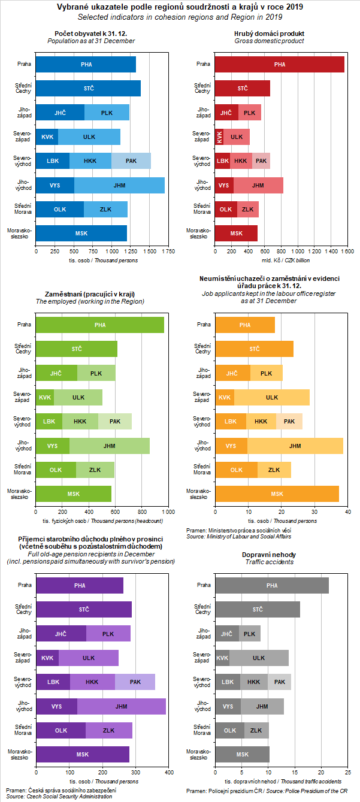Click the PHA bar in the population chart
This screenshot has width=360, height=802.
(x=86, y=64)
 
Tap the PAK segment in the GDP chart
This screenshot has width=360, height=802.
(x=261, y=161)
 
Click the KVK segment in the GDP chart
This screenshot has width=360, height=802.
(x=220, y=137)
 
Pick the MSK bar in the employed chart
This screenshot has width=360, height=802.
(x=73, y=494)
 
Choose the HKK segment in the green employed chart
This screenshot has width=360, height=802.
(x=80, y=422)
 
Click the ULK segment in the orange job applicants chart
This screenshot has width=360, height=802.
(x=272, y=397)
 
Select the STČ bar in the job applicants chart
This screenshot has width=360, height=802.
(x=254, y=349)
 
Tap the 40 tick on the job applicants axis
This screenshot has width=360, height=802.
(x=348, y=512)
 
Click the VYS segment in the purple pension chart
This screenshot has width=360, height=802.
(x=56, y=706)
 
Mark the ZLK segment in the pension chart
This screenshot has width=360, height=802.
(x=109, y=730)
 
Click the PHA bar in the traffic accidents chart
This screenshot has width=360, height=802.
(x=272, y=585)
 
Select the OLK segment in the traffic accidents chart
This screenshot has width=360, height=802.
(x=229, y=730)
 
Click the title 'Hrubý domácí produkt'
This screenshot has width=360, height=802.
(x=268, y=34)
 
